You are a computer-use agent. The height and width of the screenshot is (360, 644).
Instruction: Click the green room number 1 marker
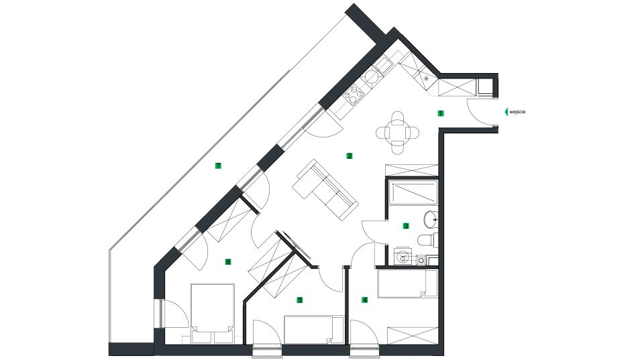pyautogui.click(x=441, y=113)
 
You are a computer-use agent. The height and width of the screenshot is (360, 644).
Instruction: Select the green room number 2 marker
pyautogui.click(x=350, y=156)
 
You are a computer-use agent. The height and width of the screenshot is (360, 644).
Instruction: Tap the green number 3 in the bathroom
pyautogui.click(x=407, y=225)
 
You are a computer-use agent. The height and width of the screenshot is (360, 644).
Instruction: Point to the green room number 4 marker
pyautogui.click(x=364, y=300)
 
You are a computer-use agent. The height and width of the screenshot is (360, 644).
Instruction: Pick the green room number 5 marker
pyautogui.click(x=300, y=300)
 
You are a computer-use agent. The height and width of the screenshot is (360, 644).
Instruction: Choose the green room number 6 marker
pyautogui.click(x=228, y=261)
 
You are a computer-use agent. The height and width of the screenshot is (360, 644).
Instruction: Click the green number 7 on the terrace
pyautogui.click(x=218, y=166)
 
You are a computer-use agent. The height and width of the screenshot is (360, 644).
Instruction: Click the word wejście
pyautogui.click(x=517, y=112)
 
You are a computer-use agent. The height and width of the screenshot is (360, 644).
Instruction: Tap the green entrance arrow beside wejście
pyautogui.click(x=506, y=112)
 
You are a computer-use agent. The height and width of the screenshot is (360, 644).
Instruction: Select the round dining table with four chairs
pyautogui.click(x=398, y=133)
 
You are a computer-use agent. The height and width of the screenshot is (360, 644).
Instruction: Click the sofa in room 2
pyautogui.click(x=325, y=190)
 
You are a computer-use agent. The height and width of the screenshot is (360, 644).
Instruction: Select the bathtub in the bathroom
pyautogui.click(x=413, y=193)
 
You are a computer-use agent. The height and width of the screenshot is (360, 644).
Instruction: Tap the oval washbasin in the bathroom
pyautogui.click(x=431, y=219)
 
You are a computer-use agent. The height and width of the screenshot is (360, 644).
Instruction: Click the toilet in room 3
pyautogui.click(x=427, y=240)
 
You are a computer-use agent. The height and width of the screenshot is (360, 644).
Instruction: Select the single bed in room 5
pyautogui.click(x=314, y=330)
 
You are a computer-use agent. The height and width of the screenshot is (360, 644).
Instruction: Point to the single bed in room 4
pyautogui.click(x=407, y=283)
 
